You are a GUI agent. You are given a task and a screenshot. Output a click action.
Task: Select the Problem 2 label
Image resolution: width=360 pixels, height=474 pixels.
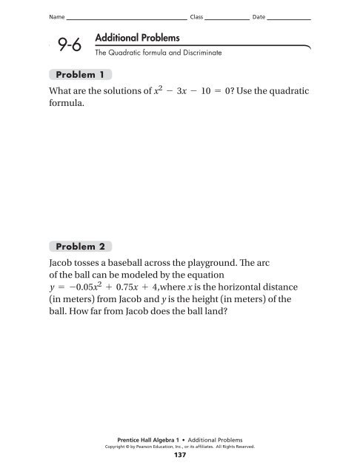pos(81,245)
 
